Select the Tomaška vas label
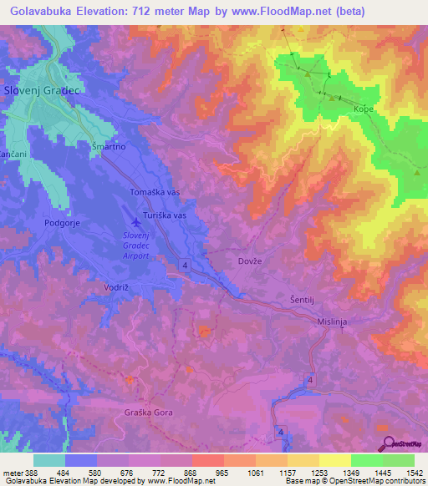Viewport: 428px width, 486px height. pyautogui.click(x=155, y=192)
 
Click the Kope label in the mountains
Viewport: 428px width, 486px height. pyautogui.click(x=363, y=110)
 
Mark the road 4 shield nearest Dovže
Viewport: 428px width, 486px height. pyautogui.click(x=182, y=265)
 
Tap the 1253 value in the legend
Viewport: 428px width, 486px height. pyautogui.click(x=308, y=473)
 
